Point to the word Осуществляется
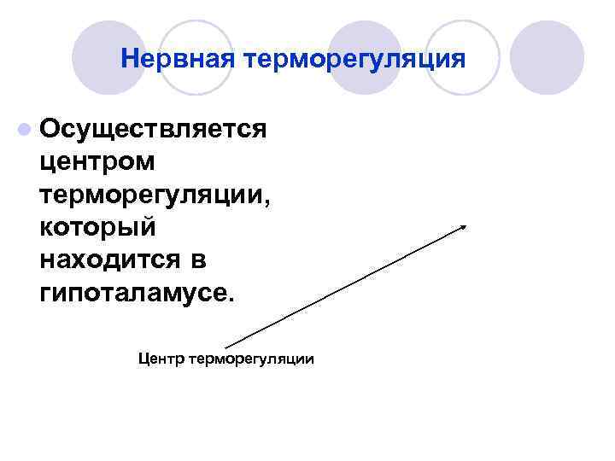pyautogui.click(x=153, y=129)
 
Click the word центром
pyautogui.click(x=97, y=160)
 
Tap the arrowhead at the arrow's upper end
pyautogui.click(x=463, y=225)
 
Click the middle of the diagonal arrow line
pyautogui.click(x=345, y=286)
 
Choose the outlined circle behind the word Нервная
pyautogui.click(x=196, y=58)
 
